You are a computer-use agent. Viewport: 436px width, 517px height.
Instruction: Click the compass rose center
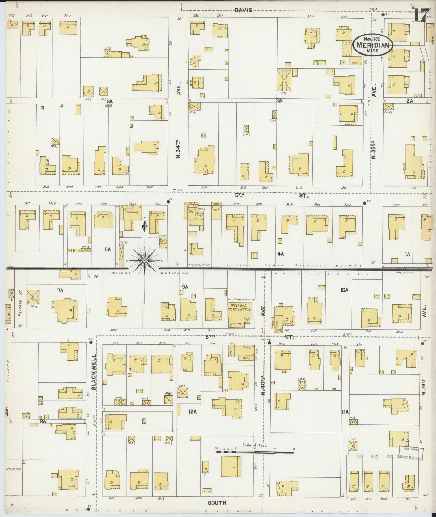tap(145, 260)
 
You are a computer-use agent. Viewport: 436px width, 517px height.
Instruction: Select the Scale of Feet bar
tap(255, 452)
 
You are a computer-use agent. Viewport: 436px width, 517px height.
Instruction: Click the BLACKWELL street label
tap(94, 371)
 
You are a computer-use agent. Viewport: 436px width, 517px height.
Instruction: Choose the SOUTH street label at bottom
tap(217, 503)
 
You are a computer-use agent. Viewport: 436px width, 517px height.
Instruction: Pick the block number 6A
tap(110, 102)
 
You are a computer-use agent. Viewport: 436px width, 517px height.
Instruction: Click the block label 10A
tap(345, 290)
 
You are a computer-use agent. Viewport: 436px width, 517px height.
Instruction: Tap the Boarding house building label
tap(132, 212)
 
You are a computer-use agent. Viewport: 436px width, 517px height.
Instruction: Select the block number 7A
tap(60, 290)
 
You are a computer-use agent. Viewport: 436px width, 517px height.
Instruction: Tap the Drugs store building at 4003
tap(246, 347)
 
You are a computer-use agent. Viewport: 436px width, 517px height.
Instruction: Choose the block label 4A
tap(281, 254)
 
